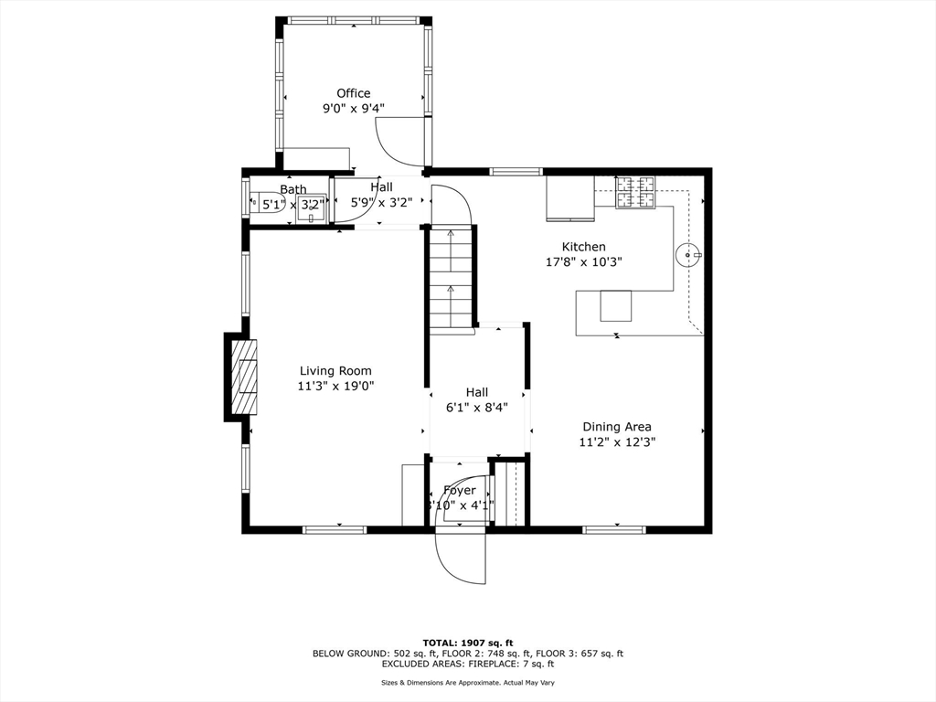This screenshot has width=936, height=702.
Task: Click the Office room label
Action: click(353, 93)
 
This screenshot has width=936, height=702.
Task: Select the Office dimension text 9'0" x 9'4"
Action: click(353, 108)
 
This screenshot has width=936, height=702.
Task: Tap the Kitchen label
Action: click(583, 247)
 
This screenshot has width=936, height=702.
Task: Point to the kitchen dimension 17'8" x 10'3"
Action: click(583, 261)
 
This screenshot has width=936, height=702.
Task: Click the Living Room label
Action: click(335, 371)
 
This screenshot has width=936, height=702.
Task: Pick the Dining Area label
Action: click(617, 427)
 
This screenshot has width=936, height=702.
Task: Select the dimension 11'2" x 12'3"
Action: click(617, 441)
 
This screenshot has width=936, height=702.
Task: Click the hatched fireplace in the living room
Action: click(244, 375)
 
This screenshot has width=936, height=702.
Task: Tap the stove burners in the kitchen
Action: click(635, 192)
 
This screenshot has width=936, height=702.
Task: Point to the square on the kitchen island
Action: click(615, 304)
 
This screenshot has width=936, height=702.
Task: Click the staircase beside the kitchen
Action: click(452, 279)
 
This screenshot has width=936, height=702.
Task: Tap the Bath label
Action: click(293, 190)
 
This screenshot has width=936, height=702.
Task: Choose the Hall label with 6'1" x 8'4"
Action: click(477, 392)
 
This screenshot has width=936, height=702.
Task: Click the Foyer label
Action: click(460, 491)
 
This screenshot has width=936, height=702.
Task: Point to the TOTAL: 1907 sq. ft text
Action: click(467, 642)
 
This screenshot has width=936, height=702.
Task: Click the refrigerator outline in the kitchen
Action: click(569, 197)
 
